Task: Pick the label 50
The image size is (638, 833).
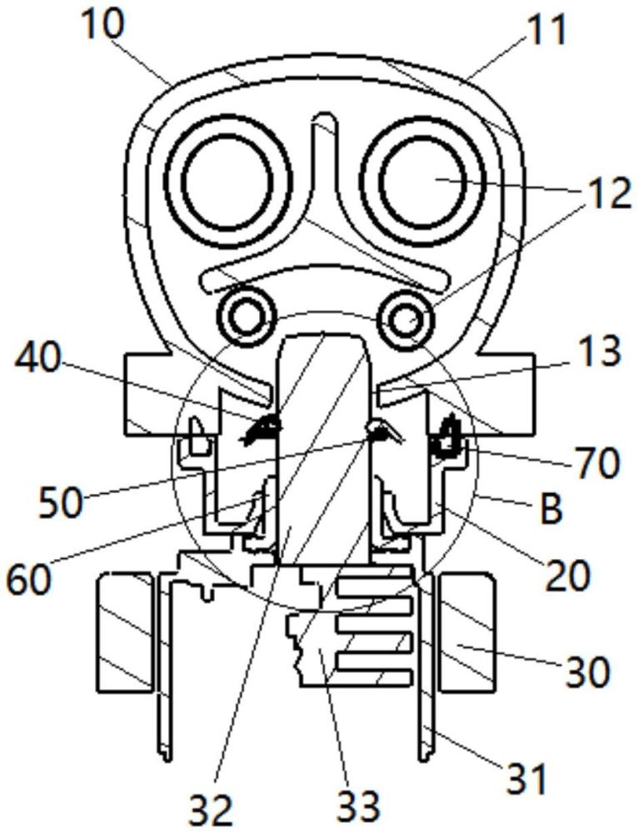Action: (x=60, y=502)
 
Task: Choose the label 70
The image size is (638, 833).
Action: (x=596, y=464)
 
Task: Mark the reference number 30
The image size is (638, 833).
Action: (x=587, y=672)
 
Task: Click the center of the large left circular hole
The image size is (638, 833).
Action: (x=228, y=181)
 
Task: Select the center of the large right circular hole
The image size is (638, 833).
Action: (x=423, y=181)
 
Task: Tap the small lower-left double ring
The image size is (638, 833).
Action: (x=247, y=317)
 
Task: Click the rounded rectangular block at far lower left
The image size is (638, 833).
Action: (x=125, y=632)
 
